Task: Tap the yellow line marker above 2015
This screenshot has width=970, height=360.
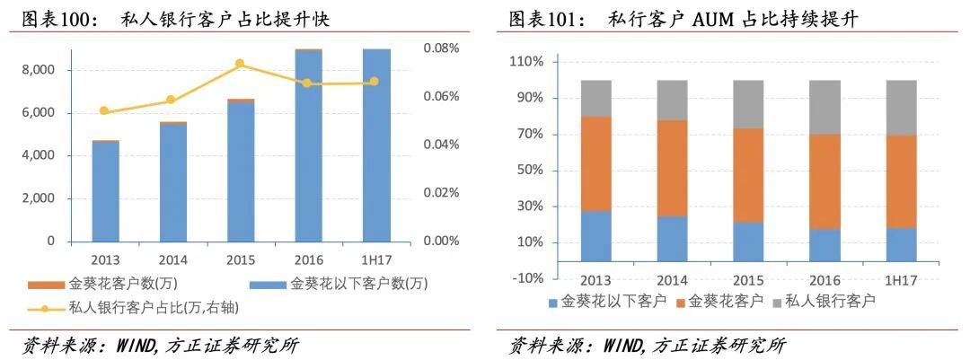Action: pyautogui.click(x=240, y=64)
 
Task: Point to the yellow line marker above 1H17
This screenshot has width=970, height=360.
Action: pyautogui.click(x=375, y=82)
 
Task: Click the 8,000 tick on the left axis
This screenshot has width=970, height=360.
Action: pyautogui.click(x=37, y=70)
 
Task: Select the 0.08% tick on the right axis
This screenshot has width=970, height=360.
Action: pyautogui.click(x=441, y=48)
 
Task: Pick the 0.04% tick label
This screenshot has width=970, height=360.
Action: pyautogui.click(x=441, y=145)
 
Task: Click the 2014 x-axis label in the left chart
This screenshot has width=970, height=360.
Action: pyautogui.click(x=172, y=260)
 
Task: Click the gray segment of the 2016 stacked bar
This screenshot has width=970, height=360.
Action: pyautogui.click(x=824, y=107)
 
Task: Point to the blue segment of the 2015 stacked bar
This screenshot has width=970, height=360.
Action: pyautogui.click(x=748, y=241)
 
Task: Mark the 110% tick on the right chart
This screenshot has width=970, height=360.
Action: pyautogui.click(x=526, y=62)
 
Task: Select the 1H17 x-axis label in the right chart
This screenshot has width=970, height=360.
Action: pyautogui.click(x=901, y=279)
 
